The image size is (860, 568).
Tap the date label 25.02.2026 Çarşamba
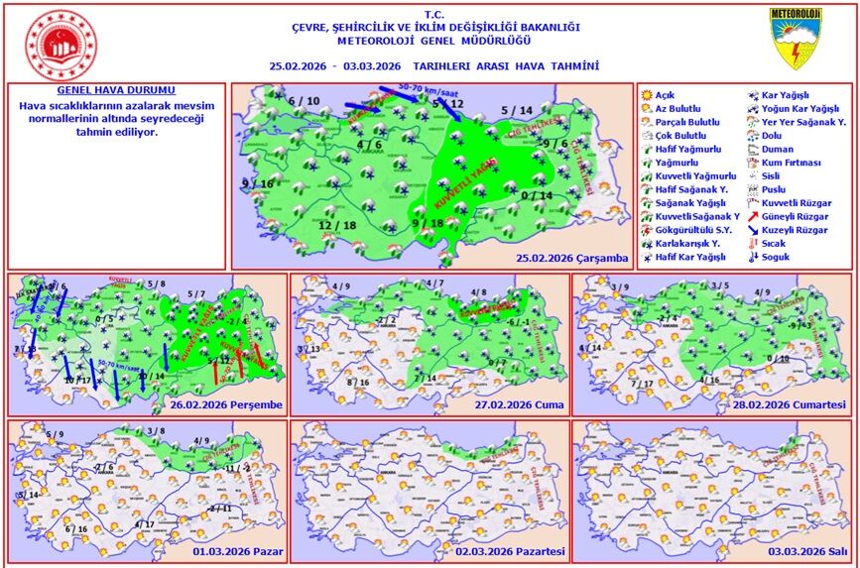572,259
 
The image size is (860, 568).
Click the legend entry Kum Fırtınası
791,162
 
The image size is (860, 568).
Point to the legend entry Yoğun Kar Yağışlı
799,108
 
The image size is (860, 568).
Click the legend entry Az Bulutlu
677,108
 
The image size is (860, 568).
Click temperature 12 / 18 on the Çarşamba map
338,225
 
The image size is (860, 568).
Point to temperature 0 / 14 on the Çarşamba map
536,195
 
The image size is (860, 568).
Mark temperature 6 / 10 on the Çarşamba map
305,101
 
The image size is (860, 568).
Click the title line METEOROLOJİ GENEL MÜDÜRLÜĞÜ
433,41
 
